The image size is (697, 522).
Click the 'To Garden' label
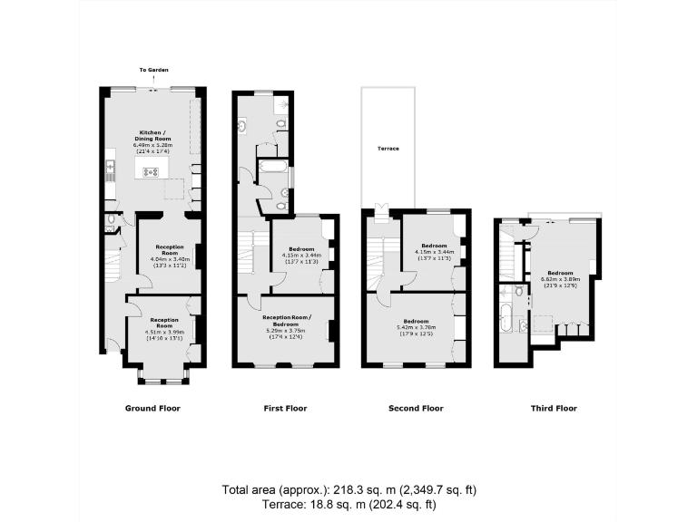pos(153,69)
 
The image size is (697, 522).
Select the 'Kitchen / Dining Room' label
pos(152,138)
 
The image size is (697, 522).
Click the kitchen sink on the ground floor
pos(110,167)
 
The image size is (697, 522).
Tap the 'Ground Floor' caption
pos(152,409)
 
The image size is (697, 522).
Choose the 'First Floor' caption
pos(285,409)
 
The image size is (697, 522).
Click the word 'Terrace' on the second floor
pos(388,149)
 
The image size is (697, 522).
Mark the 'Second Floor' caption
pos(416,409)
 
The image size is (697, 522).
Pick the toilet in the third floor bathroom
pos(517,292)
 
